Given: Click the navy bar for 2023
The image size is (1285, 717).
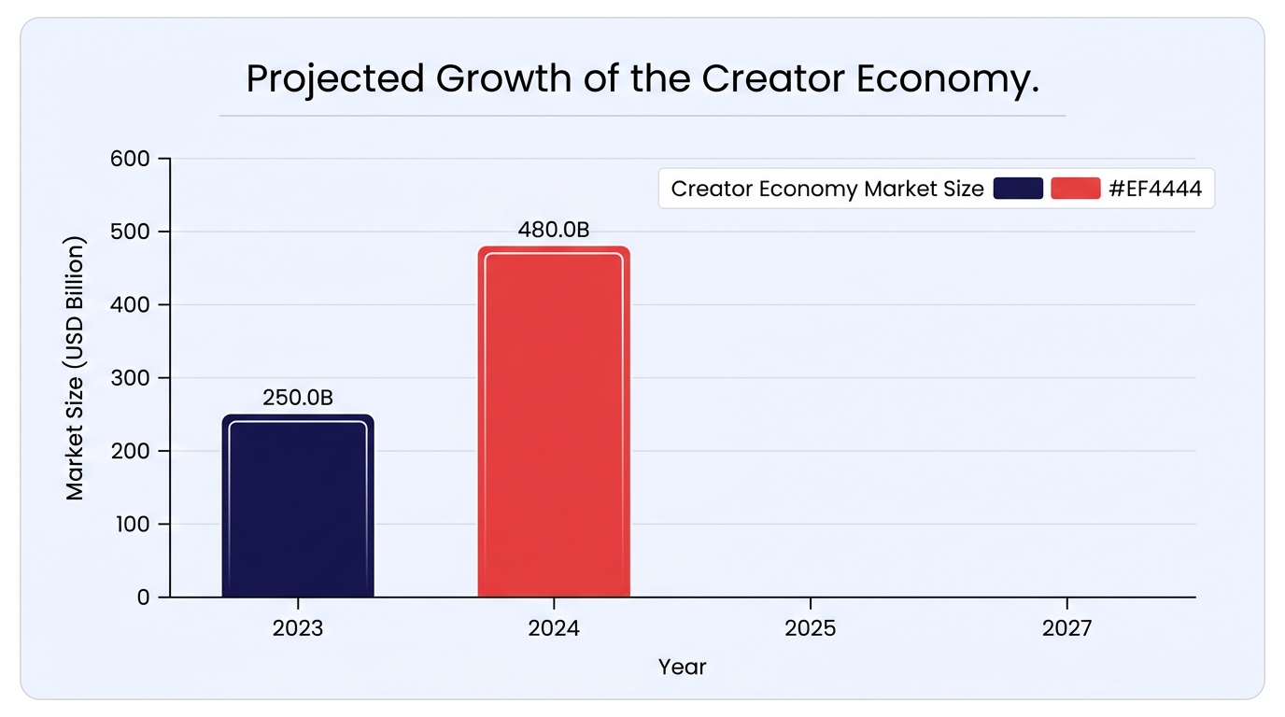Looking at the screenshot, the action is tap(298, 505).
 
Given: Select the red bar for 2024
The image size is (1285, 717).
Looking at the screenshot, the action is tap(554, 422).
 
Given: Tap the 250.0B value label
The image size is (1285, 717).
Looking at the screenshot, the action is tap(298, 398).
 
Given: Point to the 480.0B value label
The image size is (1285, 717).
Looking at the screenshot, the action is tap(554, 230).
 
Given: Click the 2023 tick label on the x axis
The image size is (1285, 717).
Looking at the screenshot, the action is tap(298, 628).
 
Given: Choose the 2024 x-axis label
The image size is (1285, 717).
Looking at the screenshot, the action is tap(554, 628).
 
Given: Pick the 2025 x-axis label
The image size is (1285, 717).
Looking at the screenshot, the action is tap(810, 628).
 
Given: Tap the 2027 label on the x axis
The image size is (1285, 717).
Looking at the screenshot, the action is tap(1067, 628).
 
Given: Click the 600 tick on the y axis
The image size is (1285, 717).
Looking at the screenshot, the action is tap(130, 159).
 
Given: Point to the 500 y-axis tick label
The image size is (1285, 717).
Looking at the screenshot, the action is tap(130, 232).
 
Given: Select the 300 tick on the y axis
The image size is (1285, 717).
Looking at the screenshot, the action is tap(130, 378).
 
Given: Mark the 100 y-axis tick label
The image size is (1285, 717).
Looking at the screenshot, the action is tap(133, 525).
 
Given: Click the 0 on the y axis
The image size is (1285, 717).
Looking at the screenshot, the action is tap(144, 597).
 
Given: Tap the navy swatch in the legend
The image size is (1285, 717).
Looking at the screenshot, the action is tap(1018, 189).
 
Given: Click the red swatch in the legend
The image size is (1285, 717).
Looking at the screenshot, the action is tap(1076, 189).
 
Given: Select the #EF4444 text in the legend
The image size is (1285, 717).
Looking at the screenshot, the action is tap(1155, 189).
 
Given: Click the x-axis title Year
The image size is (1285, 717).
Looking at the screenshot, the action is tap(682, 668).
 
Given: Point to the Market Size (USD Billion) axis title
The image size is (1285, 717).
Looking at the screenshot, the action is tap(75, 368).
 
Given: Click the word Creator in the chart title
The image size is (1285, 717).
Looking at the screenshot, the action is tap(772, 78).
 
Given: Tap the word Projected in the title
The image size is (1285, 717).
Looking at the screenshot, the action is tap(335, 79).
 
